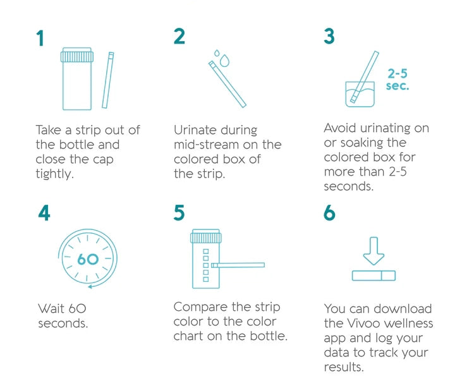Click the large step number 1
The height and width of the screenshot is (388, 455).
coord(40,38)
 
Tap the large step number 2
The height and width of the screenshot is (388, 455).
coord(179,36)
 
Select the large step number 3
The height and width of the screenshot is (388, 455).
coord(329,36)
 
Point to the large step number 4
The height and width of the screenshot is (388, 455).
coord(44,213)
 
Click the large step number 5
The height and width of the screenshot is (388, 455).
coord(179,213)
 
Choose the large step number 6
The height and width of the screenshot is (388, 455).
coord(329,213)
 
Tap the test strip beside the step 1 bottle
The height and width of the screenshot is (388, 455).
coord(108,80)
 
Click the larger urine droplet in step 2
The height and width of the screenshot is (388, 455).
coord(224,60)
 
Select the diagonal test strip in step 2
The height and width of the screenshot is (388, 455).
coord(227,84)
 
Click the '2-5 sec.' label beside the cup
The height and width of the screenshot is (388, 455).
coord(397,80)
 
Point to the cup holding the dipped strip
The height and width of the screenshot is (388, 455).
coord(360,94)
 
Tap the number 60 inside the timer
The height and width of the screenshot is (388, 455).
coord(88,259)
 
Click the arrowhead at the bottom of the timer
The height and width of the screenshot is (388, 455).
coord(90,287)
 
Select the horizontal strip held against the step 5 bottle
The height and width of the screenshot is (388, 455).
coord(238,265)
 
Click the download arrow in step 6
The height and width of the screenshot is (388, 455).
coord(373,251)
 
